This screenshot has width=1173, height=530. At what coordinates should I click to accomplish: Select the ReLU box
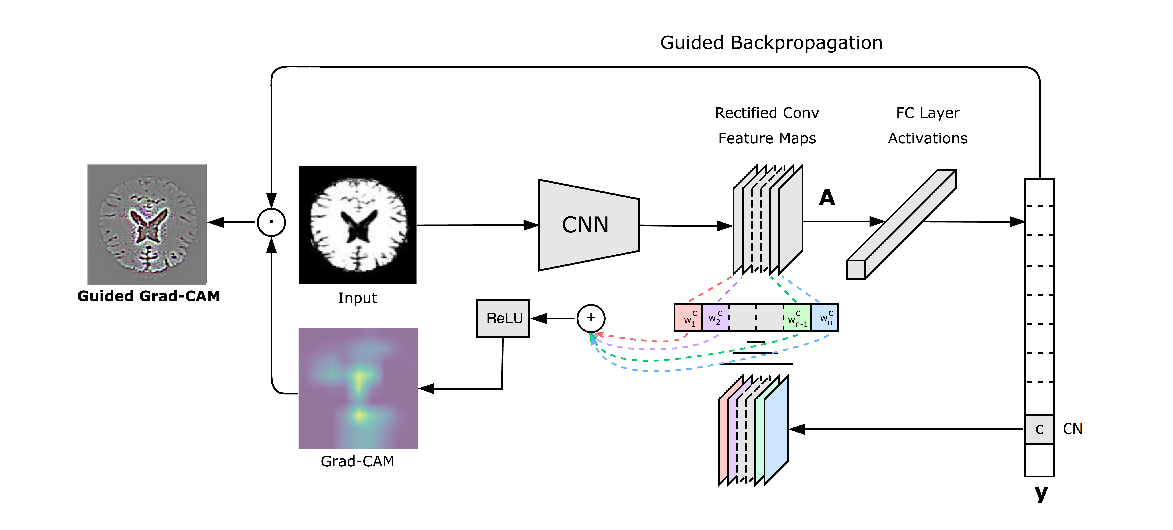click(503, 318)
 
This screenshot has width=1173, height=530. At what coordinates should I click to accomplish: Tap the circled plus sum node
click(591, 318)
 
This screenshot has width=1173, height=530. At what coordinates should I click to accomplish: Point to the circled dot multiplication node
click(271, 222)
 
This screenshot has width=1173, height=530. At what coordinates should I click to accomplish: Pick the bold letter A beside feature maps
click(827, 198)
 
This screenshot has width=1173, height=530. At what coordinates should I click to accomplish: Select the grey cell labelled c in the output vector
click(1039, 429)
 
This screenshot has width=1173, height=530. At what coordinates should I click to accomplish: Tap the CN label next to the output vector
click(1072, 429)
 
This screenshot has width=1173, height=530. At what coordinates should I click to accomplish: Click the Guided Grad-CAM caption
click(149, 296)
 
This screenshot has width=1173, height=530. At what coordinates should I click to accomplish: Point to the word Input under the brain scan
click(358, 298)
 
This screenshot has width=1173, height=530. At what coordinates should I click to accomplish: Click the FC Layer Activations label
click(928, 126)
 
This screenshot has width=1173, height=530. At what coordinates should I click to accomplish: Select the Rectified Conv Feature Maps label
click(767, 126)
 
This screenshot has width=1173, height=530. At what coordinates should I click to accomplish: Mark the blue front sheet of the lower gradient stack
click(776, 430)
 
